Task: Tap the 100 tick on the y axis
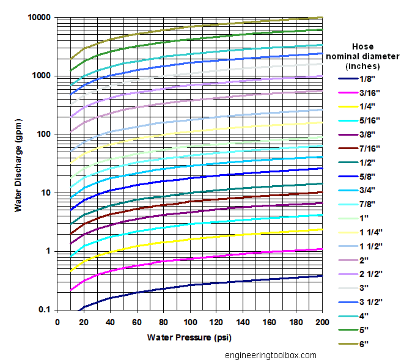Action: tap(42, 134)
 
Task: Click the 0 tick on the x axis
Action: tap(57, 322)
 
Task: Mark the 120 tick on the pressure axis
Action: tap(216, 322)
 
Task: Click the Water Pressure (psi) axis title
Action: tap(189, 337)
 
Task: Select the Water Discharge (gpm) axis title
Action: tap(19, 164)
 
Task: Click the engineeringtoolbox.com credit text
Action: tap(270, 355)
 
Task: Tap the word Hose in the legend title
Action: tap(362, 46)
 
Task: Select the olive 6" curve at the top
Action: tap(183, 29)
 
